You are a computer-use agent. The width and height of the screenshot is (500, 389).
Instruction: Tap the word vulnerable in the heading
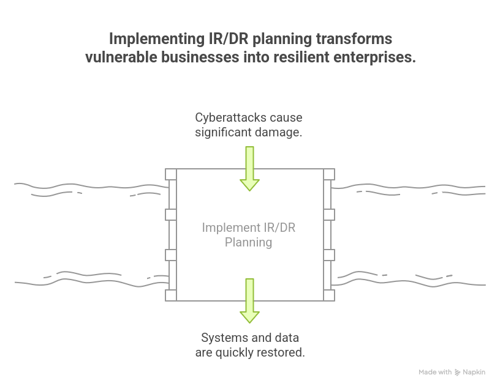point(122,57)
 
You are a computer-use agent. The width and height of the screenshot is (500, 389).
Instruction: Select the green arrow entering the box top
point(249,169)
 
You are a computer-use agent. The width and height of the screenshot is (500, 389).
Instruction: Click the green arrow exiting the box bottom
point(249,300)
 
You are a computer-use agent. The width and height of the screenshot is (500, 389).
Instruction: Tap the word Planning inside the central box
point(248,242)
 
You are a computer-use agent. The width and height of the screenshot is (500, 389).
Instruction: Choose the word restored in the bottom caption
point(282,352)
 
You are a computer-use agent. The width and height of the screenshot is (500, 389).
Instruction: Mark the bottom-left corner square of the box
point(171,295)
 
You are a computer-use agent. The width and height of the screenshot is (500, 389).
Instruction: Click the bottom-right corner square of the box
point(329,295)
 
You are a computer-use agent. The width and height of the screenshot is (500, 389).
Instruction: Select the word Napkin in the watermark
point(474,372)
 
